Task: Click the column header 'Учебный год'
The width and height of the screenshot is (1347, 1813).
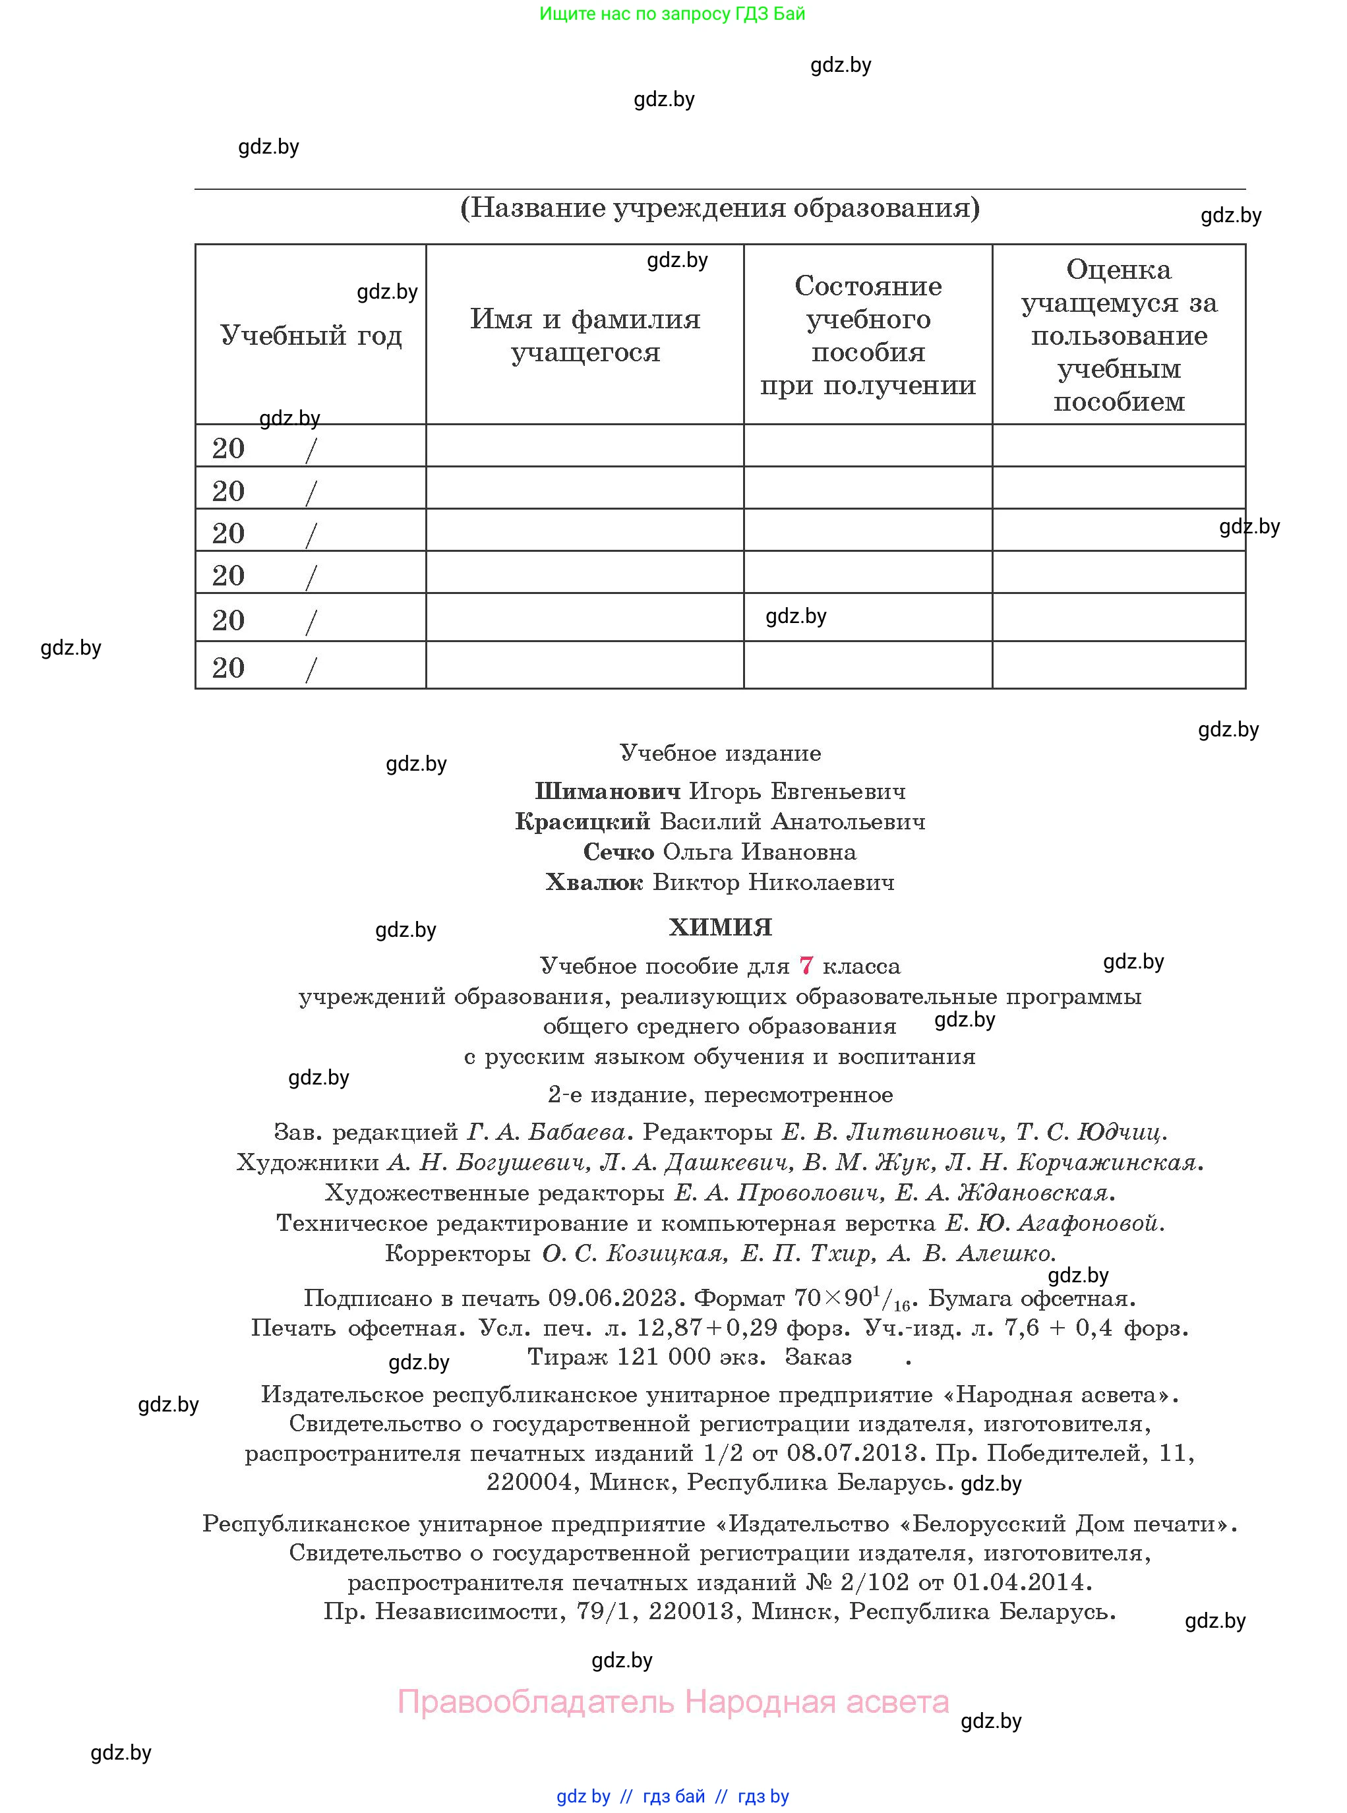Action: tap(311, 335)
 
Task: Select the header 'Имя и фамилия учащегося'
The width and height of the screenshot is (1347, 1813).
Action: tap(585, 335)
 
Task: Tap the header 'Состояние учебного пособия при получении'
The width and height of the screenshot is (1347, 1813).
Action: tap(868, 335)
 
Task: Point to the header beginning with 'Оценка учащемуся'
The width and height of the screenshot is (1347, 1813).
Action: tap(1119, 335)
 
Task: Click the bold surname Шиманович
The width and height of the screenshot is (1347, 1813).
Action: tap(607, 790)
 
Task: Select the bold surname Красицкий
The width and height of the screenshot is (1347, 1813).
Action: tap(582, 821)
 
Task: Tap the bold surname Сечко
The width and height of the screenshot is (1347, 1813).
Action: tap(618, 852)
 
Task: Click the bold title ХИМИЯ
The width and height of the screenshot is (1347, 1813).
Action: tap(720, 927)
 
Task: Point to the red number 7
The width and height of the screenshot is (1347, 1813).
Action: tap(806, 966)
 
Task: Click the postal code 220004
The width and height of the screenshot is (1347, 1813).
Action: tap(529, 1482)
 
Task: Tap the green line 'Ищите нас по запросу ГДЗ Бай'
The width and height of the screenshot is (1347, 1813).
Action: tap(672, 14)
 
